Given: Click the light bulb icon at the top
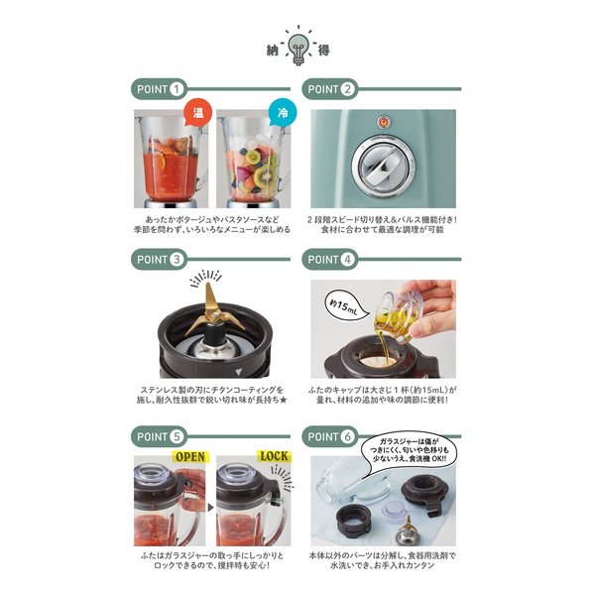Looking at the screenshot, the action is (298, 49).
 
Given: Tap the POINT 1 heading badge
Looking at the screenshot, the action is (160, 89).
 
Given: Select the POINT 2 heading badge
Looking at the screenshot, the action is (330, 89).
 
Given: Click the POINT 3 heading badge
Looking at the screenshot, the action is (160, 260).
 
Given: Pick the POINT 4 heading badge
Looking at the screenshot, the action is (330, 260).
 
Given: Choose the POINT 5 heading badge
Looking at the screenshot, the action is (160, 436).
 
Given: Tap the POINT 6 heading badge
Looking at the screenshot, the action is (330, 436).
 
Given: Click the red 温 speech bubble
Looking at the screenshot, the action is (197, 113).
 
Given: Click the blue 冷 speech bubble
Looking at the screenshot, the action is (283, 113).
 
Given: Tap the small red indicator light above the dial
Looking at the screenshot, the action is (384, 122).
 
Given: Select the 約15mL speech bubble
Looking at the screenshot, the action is (346, 305).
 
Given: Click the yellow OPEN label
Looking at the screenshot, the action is (190, 457).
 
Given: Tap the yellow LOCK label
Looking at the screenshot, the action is (274, 456).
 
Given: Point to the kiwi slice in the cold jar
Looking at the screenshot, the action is (264, 176).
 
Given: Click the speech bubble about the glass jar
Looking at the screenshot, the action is (409, 450).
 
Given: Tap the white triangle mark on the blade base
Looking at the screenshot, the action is (238, 372).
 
